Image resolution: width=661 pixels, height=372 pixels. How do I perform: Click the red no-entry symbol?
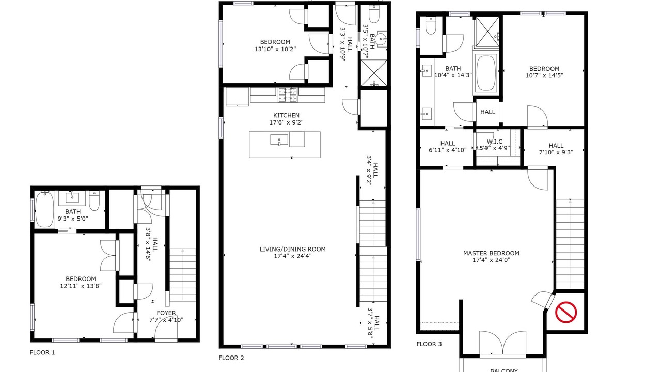point(566,312)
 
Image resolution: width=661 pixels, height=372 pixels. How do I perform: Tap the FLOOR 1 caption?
point(42,352)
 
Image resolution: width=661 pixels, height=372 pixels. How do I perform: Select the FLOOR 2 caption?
point(231,358)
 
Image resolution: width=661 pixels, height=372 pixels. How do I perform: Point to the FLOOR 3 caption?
point(429,344)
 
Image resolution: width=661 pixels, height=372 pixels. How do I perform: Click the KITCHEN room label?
point(286,115)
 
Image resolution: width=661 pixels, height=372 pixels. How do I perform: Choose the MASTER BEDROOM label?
point(491,253)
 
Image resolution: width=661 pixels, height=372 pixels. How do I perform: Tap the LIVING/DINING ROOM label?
point(293,249)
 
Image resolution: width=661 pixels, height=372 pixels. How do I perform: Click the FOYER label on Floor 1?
point(166,313)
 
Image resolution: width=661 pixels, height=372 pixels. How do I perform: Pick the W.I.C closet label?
point(495,142)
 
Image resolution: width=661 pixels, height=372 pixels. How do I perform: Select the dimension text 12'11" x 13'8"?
point(81,286)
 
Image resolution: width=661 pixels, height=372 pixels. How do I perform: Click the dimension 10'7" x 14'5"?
point(544,75)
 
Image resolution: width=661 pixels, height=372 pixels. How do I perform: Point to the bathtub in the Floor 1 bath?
point(44,209)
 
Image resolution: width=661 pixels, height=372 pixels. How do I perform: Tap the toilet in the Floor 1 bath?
point(95,200)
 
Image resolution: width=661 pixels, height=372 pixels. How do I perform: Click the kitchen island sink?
point(279,139)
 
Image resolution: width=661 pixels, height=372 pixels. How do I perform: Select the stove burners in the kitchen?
point(288,95)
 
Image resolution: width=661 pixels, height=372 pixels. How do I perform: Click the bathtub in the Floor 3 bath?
point(486,73)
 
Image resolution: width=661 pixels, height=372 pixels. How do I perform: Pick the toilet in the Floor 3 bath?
point(431,25)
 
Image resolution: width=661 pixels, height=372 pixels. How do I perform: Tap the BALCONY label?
point(504,370)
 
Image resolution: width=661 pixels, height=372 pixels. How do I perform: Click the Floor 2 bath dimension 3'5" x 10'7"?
point(369,41)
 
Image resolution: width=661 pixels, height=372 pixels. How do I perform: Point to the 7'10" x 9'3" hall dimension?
point(556,152)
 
